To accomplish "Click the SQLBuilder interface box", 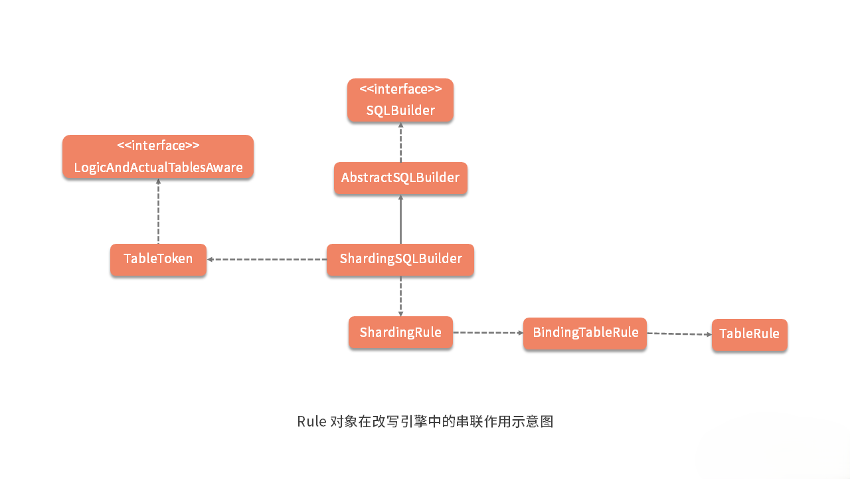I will (400, 101).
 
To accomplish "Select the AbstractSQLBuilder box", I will (400, 178).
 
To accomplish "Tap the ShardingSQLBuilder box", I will (400, 260).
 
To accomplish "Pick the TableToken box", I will (158, 260).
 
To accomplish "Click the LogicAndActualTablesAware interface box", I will (158, 157).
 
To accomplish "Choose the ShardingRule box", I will (400, 332).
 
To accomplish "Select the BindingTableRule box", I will (585, 333).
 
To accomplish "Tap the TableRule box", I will (749, 335).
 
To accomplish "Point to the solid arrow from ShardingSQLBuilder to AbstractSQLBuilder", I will (400, 219).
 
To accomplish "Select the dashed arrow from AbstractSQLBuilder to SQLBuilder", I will (400, 142).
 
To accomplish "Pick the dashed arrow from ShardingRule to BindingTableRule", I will (487, 332).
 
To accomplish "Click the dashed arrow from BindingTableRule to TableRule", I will (679, 334).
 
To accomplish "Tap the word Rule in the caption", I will (311, 422).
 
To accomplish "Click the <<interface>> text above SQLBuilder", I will (400, 89).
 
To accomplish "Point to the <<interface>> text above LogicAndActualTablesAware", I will (158, 145).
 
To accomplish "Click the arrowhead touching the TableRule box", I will (709, 334).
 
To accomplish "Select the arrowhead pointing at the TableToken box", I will (210, 259).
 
